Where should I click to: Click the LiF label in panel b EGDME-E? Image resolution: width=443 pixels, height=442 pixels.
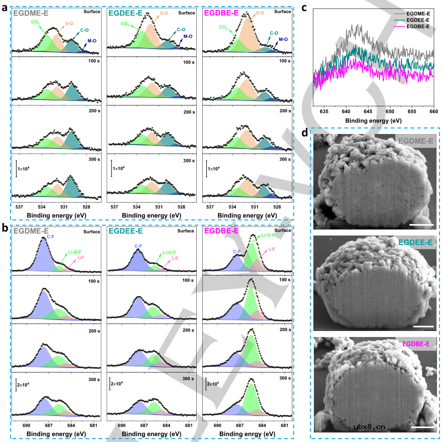[x=81, y=258]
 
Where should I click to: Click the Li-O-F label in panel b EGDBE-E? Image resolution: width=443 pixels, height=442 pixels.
[x=263, y=235]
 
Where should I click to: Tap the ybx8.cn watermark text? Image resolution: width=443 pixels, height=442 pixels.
[x=369, y=426]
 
